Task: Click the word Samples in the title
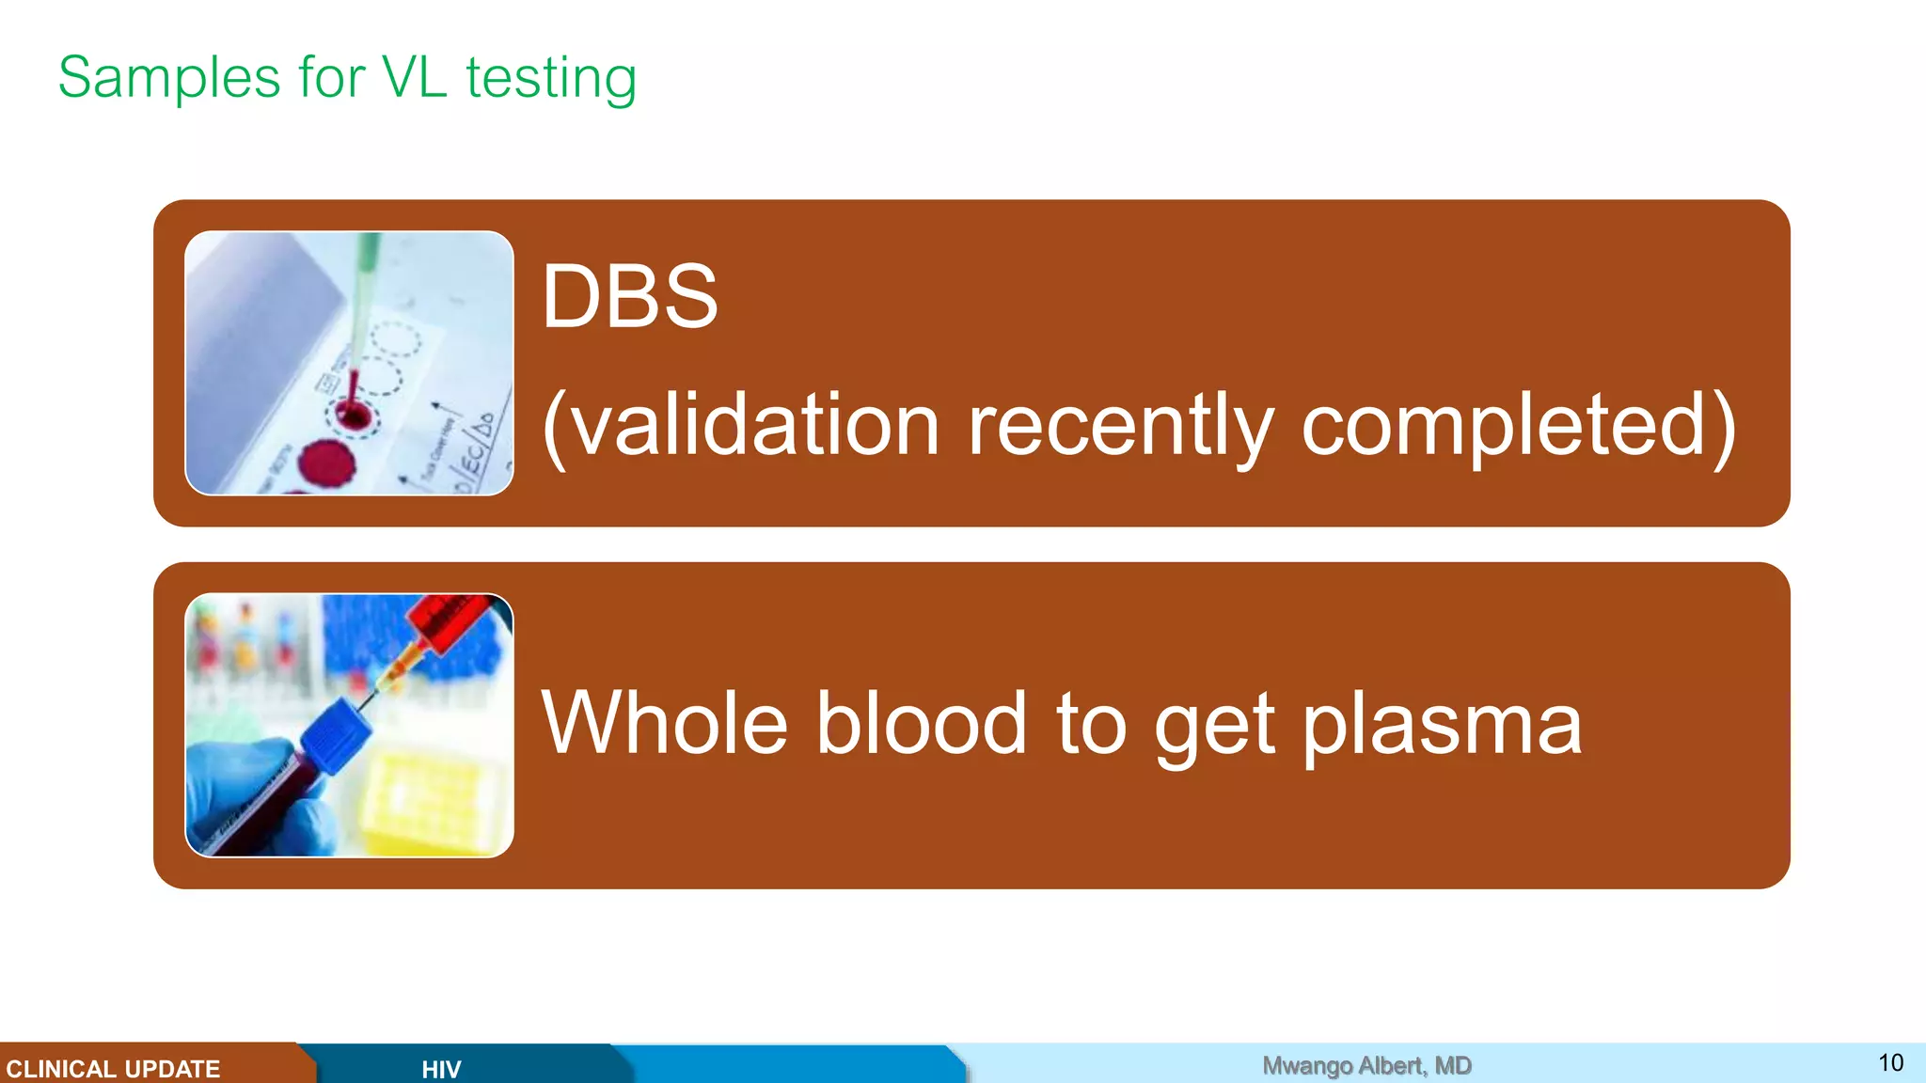[169, 77]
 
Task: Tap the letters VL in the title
[414, 77]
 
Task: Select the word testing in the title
[551, 79]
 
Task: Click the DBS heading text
[629, 297]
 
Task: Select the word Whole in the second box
[664, 723]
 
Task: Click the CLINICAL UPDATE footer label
[113, 1069]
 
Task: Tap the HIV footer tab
[441, 1069]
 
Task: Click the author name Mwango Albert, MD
[1366, 1065]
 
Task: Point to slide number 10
[1890, 1062]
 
